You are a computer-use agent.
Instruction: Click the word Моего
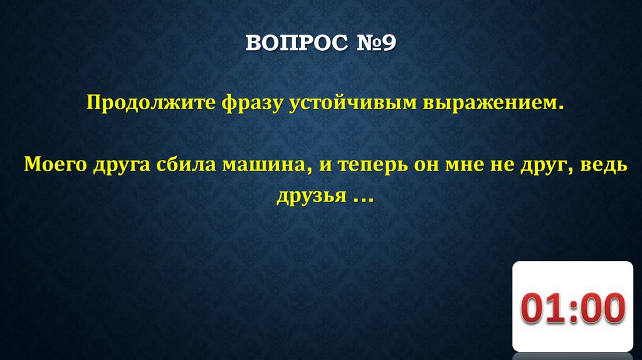point(55,165)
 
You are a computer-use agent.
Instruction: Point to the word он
point(426,166)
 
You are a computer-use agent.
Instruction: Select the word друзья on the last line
point(312,196)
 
